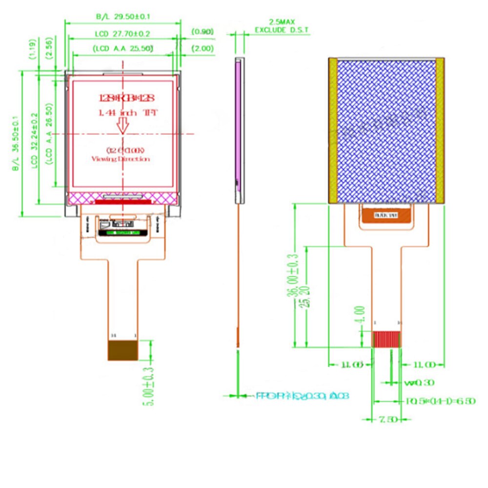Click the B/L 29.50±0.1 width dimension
[123, 17]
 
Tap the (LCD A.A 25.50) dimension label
[122, 48]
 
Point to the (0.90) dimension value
[202, 32]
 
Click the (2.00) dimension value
[202, 48]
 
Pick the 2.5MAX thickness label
[282, 22]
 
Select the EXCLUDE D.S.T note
[282, 30]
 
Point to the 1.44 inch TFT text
[122, 113]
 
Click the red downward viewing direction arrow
[122, 126]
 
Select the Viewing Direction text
[121, 159]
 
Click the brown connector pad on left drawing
[122, 350]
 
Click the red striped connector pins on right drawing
[386, 339]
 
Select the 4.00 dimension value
[360, 313]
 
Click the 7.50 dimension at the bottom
[386, 419]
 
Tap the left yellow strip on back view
[333, 130]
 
